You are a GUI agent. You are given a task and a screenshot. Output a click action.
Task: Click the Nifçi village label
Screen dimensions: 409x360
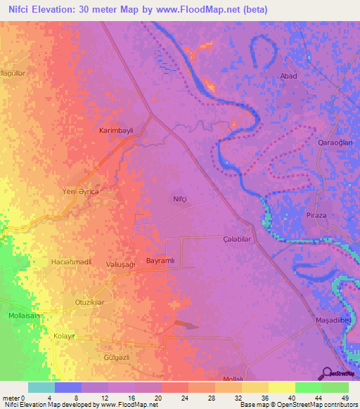[x=181, y=200]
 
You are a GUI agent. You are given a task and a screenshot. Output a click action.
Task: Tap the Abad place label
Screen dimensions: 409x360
[x=288, y=76]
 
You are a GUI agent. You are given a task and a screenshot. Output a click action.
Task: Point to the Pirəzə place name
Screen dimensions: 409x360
[x=317, y=214]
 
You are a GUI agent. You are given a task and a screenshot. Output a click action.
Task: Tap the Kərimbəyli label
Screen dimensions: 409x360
[x=115, y=131]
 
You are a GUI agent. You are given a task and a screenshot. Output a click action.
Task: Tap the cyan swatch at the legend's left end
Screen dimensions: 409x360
[x=41, y=387]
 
